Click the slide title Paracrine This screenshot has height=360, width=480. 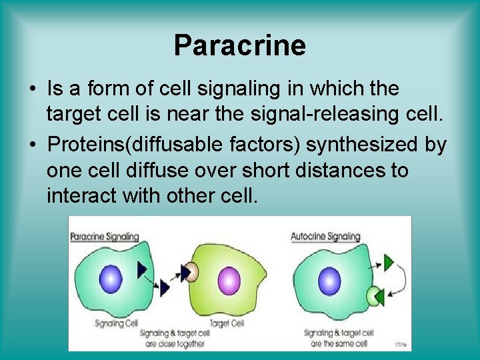(239, 45)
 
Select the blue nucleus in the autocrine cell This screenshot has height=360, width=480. (329, 279)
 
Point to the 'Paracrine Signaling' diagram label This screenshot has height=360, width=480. (104, 236)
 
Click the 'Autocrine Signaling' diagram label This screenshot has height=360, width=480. (325, 236)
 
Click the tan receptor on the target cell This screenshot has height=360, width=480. (191, 271)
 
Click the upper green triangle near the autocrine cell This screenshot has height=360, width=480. (389, 263)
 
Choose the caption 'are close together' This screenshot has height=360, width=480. (175, 344)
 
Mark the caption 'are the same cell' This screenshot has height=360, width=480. (338, 344)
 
